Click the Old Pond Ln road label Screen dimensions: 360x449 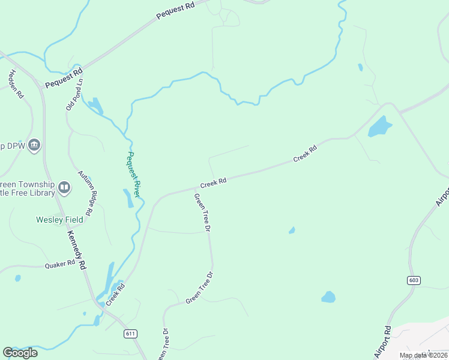point(75,95)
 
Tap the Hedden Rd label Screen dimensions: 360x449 point(16,84)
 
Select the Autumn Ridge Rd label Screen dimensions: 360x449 point(87,193)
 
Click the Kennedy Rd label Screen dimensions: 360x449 point(77,250)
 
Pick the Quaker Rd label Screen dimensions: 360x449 point(59,263)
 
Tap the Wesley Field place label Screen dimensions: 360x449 point(58,220)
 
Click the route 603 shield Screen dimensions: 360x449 point(414,280)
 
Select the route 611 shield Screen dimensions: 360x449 point(131,333)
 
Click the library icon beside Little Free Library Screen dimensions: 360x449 point(64,188)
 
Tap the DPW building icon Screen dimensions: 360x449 point(34,145)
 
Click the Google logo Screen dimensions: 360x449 point(20,353)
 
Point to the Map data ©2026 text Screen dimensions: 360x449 point(423,355)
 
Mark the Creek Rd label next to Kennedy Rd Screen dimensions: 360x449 point(116,295)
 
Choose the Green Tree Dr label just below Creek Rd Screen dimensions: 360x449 point(202,213)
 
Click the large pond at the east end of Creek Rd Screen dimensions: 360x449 point(379,126)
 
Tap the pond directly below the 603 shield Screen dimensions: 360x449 point(328,296)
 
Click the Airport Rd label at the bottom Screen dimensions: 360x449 point(383,342)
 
